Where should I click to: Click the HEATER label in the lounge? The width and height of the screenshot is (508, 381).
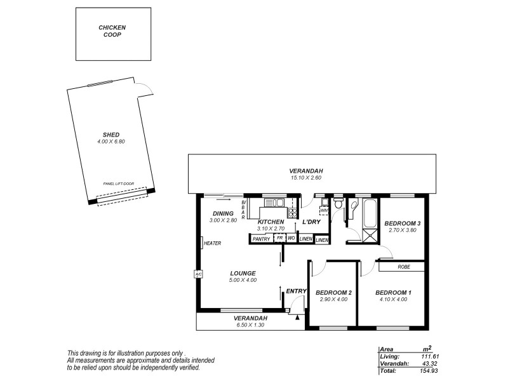click(212, 243)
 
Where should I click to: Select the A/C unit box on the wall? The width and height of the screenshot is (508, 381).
click(198, 274)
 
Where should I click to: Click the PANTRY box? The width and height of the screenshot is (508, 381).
click(261, 239)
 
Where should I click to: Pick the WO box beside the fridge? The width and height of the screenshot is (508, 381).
click(291, 239)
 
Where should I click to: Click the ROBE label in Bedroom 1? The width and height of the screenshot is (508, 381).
click(404, 267)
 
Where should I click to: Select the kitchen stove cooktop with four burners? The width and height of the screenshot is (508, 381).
click(292, 213)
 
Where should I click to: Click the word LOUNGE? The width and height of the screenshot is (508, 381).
click(243, 272)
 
